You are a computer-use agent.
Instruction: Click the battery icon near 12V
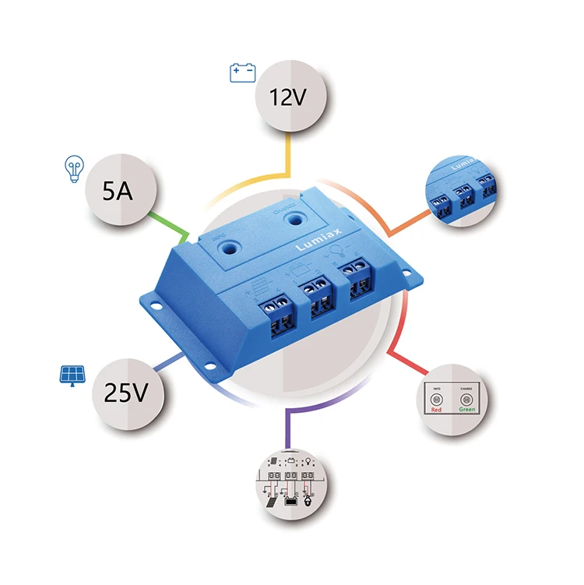tap(242, 73)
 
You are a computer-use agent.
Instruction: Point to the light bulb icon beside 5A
tap(72, 169)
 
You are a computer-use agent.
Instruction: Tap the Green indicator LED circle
tap(467, 401)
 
